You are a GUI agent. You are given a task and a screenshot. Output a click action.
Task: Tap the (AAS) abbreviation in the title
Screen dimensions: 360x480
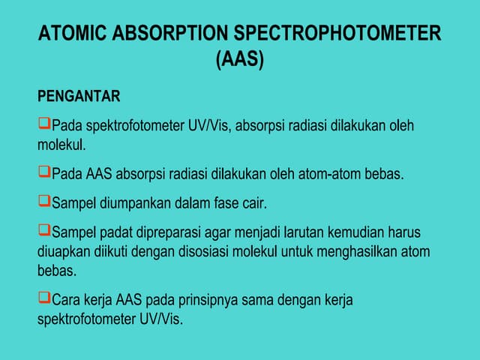[240, 61]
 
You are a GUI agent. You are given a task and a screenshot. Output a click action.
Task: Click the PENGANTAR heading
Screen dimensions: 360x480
[79, 97]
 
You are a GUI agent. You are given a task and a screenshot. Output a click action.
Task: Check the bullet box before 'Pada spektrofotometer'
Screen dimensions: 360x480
[43, 123]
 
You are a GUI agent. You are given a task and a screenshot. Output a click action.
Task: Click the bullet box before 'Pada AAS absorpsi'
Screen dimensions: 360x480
[43, 172]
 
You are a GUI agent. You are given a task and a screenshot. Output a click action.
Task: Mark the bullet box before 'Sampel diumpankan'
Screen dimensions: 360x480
[43, 200]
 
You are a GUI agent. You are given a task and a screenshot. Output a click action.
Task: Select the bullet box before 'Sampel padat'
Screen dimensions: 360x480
[43, 227]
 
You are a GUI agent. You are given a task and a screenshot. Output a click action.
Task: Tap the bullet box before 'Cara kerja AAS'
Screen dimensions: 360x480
[43, 298]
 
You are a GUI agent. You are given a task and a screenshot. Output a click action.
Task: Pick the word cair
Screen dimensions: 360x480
[253, 202]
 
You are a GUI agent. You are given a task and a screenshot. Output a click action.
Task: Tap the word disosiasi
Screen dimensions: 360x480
[201, 252]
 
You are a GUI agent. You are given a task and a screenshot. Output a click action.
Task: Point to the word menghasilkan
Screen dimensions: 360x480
[360, 252]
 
